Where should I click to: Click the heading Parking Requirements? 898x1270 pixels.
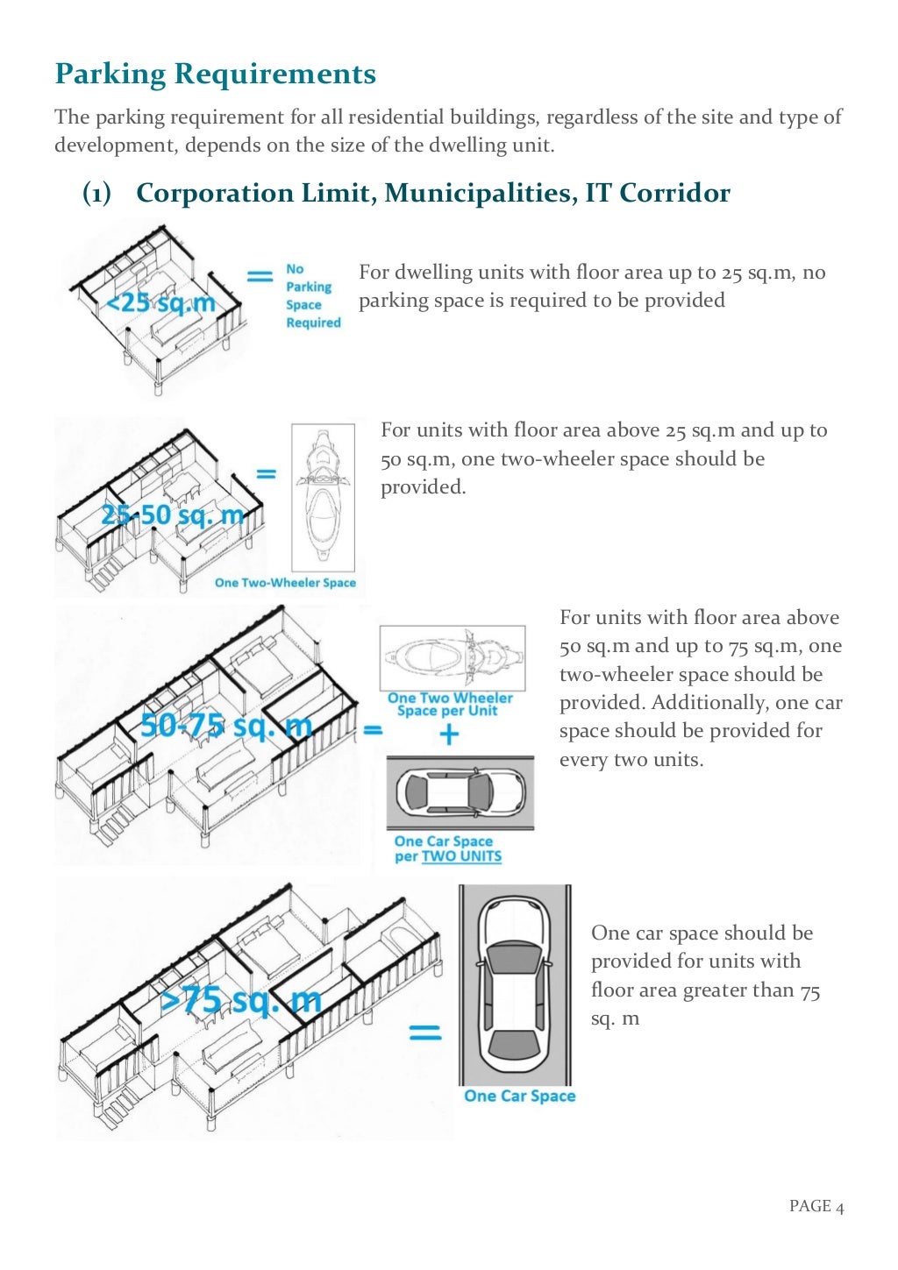click(215, 74)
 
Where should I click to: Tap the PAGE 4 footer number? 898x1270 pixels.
click(816, 1206)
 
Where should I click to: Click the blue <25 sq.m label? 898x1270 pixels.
click(160, 303)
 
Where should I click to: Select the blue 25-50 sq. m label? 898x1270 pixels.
click(172, 514)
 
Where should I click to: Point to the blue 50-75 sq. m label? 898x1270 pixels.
click(225, 725)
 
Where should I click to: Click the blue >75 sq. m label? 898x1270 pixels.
click(241, 999)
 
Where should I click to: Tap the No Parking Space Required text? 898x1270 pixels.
click(312, 296)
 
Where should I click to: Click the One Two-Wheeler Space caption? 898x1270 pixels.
click(285, 583)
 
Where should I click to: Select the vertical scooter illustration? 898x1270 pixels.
click(322, 497)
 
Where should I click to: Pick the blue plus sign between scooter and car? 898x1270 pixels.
click(449, 734)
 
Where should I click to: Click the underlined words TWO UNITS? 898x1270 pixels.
click(461, 856)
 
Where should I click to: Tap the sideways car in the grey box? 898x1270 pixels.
click(460, 792)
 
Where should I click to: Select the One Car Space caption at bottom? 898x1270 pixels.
click(519, 1096)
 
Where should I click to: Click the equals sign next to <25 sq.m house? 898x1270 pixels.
click(260, 277)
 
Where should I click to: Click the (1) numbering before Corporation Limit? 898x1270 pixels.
click(96, 193)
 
